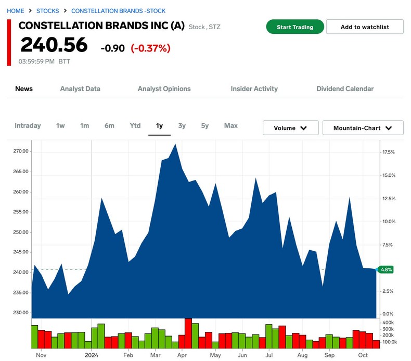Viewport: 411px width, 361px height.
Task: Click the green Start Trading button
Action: (295, 27)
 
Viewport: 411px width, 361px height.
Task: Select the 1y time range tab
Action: (159, 126)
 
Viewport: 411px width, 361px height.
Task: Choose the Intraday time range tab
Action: (28, 126)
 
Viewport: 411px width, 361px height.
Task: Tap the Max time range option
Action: (231, 126)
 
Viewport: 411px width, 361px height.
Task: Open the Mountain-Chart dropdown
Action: (363, 128)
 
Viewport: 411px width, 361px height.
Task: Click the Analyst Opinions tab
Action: (164, 89)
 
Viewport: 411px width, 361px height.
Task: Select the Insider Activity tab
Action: (254, 89)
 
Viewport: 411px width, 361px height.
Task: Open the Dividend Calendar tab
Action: (345, 89)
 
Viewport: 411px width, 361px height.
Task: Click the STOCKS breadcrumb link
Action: (47, 11)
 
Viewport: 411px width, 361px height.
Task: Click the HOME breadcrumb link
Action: (16, 11)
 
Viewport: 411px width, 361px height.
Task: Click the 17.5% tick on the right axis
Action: (389, 152)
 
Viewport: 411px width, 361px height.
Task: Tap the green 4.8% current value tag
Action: (386, 269)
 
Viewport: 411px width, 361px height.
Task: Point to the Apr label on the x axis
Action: (182, 356)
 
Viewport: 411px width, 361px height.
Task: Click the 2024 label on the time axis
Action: (92, 356)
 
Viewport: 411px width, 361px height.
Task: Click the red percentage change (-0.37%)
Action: (150, 48)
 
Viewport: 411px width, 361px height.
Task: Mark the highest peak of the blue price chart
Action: (175, 144)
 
